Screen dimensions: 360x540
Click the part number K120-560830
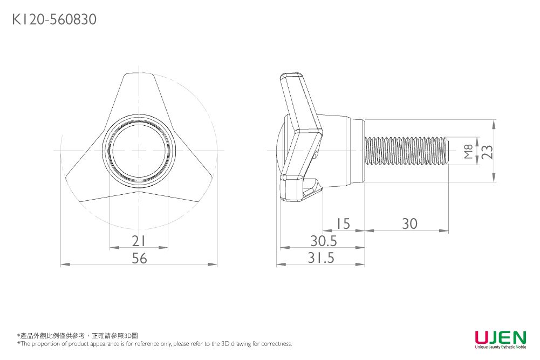coord(54,20)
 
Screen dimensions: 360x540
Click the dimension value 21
coord(139,241)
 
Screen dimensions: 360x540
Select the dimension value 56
coord(139,259)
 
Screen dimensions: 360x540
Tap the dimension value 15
coord(343,223)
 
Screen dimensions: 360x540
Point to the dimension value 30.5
coord(323,241)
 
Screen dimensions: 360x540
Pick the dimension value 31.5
coord(322,259)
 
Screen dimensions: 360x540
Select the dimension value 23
coord(487,152)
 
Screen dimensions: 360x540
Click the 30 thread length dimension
coord(409,223)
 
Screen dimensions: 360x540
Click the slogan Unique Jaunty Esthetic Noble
coord(500,347)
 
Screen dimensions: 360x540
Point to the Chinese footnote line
coord(78,335)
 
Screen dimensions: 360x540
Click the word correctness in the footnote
coord(276,344)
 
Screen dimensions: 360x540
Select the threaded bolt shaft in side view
coord(407,151)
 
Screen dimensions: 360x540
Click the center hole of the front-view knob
coord(139,151)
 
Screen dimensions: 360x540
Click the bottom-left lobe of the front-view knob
coord(89,181)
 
